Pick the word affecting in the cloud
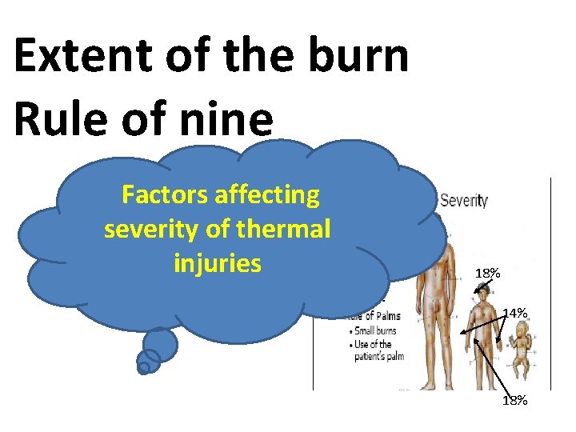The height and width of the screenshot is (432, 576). pos(268,194)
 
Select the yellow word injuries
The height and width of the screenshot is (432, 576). pos(217,262)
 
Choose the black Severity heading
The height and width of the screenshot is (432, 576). pos(463,199)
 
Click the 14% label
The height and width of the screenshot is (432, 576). pos(514,314)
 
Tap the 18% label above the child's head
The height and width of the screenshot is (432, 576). pos(487,274)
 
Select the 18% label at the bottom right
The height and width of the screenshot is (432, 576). pos(514,400)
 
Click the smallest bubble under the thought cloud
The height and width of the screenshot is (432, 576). pos(144,369)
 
